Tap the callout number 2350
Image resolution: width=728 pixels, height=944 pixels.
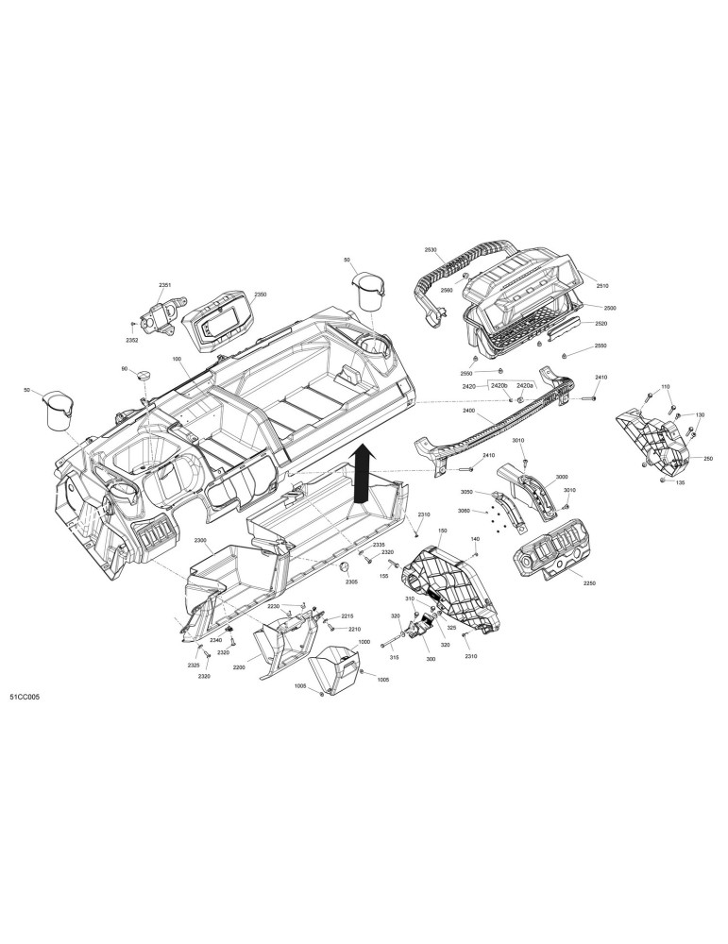(260, 295)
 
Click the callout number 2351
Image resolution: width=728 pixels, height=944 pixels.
(165, 285)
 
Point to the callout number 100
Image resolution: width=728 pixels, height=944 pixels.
(177, 359)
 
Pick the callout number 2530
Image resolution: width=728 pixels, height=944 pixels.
(430, 249)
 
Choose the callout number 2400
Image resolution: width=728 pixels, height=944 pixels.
(468, 411)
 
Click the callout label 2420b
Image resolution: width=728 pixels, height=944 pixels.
(499, 385)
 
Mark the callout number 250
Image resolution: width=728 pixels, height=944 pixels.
(708, 459)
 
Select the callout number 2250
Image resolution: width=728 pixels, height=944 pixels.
(590, 583)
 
